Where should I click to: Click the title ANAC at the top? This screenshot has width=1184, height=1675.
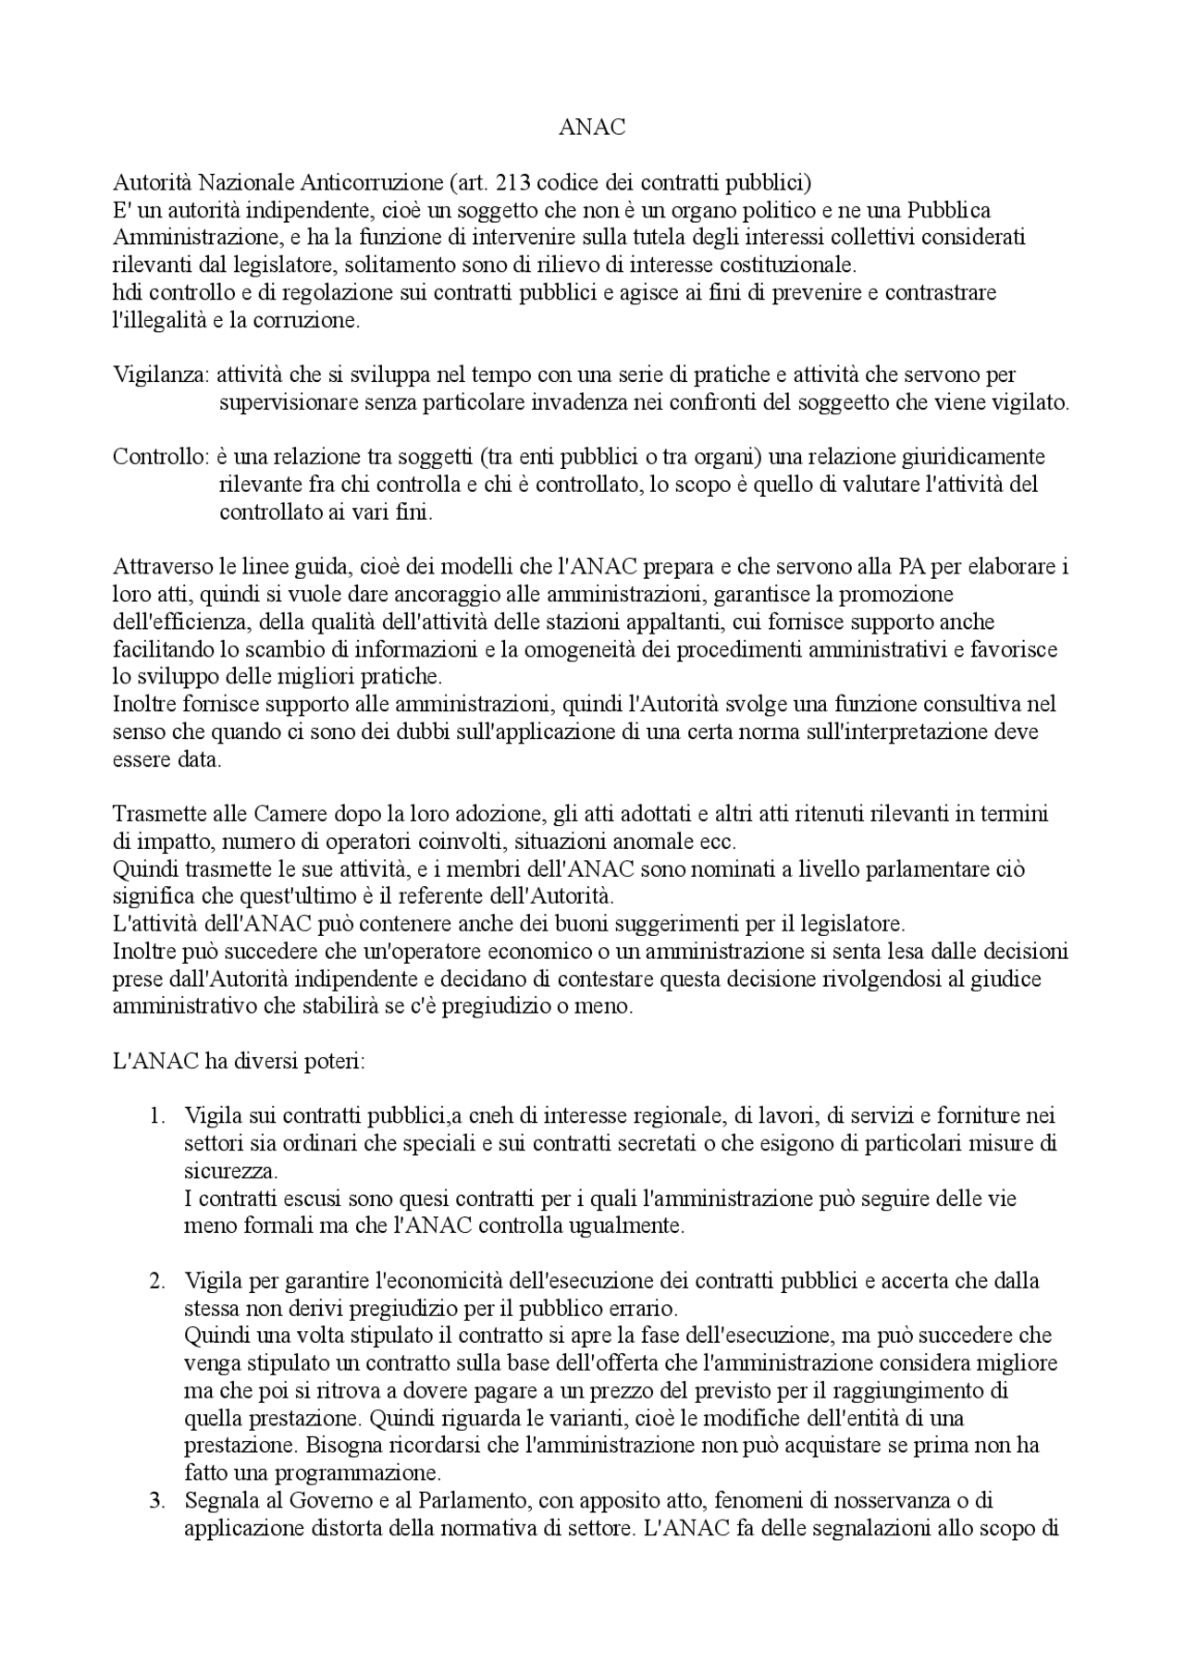(x=592, y=128)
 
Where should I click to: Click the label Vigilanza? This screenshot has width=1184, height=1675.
(x=162, y=375)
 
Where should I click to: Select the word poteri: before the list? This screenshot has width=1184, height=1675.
(x=334, y=1061)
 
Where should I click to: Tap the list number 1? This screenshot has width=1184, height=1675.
(x=156, y=1116)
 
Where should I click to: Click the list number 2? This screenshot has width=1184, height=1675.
(x=156, y=1281)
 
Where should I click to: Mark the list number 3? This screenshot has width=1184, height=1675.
(x=156, y=1500)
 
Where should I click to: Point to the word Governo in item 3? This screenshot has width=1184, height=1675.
(x=321, y=1500)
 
